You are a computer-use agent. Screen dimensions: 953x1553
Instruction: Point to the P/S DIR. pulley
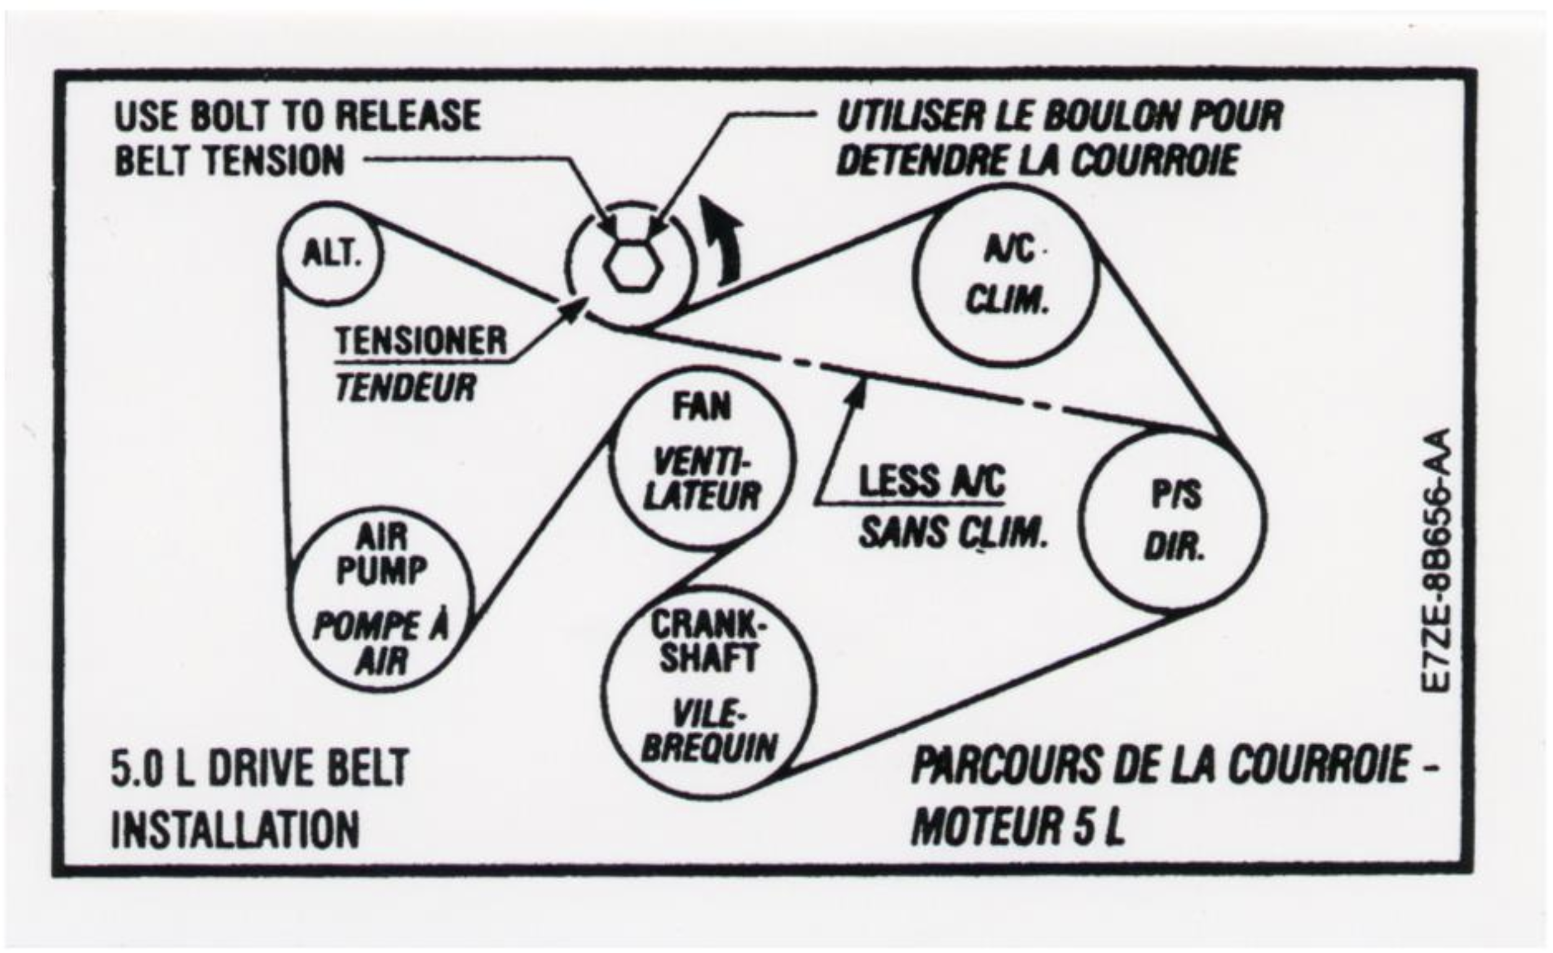1173,520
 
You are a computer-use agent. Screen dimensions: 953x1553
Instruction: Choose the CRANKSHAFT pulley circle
707,693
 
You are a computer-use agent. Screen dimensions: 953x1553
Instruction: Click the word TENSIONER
421,341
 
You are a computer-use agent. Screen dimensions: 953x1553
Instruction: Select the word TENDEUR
406,386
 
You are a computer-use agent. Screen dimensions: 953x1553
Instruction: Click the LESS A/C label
932,481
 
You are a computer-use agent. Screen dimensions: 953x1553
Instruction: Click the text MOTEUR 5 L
1017,825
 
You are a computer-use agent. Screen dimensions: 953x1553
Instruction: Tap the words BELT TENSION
230,160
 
